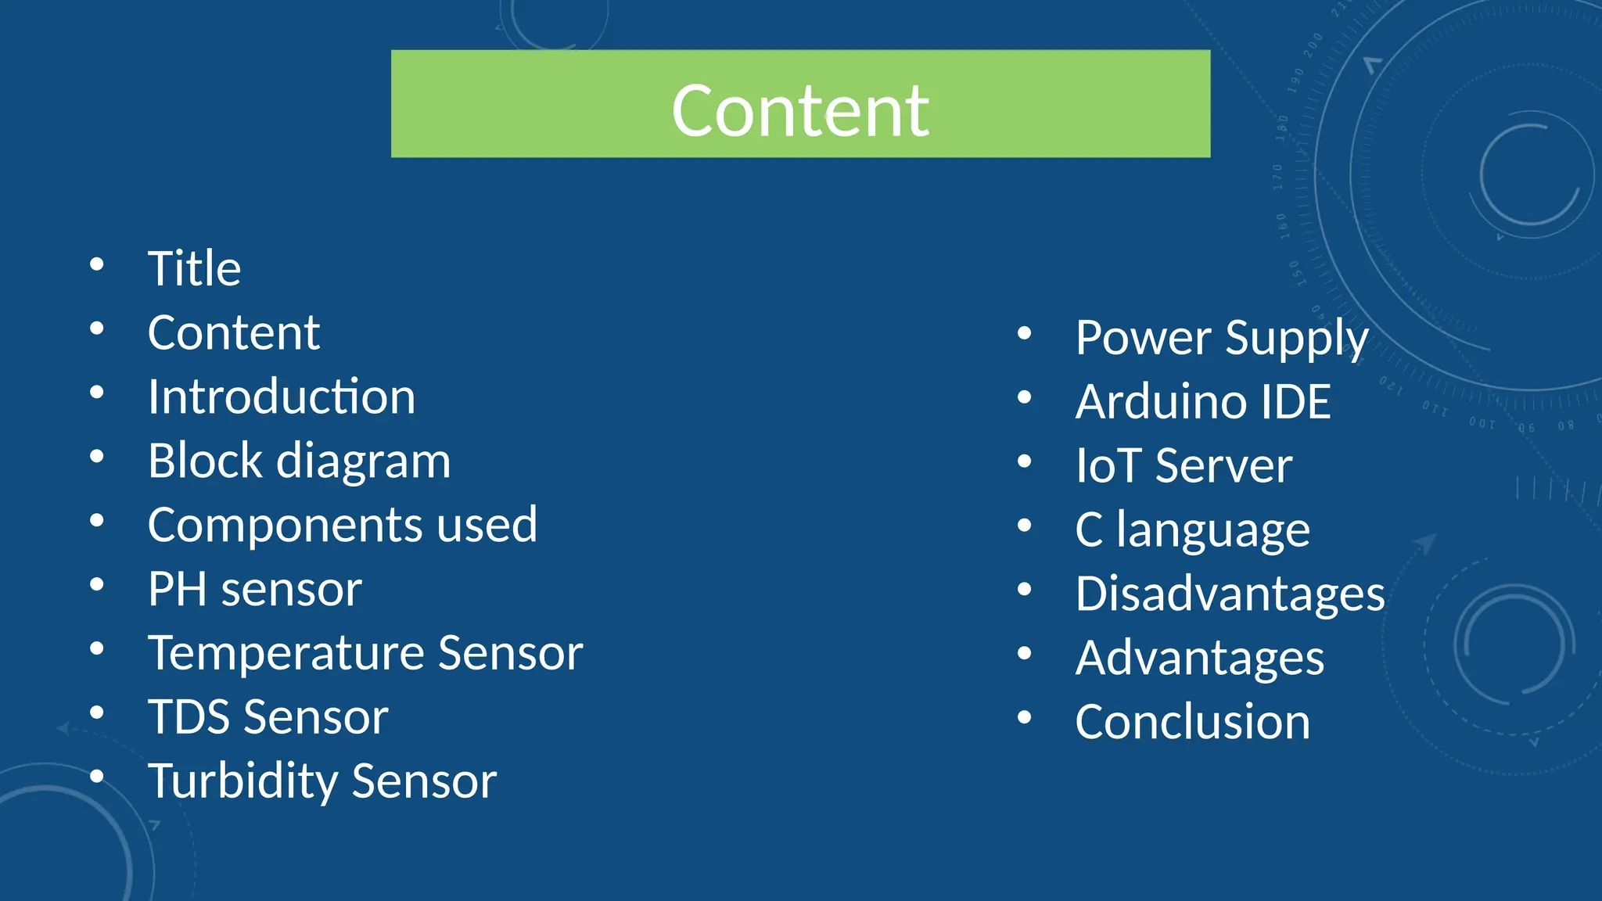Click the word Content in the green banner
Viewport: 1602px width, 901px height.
pyautogui.click(x=799, y=111)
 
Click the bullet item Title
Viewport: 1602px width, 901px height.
pyautogui.click(x=194, y=269)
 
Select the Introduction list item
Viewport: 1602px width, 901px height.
pyautogui.click(x=282, y=397)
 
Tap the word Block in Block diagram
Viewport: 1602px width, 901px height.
pyautogui.click(x=205, y=461)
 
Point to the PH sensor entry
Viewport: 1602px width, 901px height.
pyautogui.click(x=254, y=589)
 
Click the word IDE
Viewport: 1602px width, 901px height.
pyautogui.click(x=1295, y=402)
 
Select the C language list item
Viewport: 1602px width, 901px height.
pyautogui.click(x=1192, y=530)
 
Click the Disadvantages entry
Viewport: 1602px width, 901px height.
pyautogui.click(x=1230, y=594)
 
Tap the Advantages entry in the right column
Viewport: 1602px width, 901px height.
pyautogui.click(x=1199, y=658)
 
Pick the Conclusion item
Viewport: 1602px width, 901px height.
pyautogui.click(x=1192, y=722)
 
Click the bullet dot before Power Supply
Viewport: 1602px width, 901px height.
pyautogui.click(x=1024, y=334)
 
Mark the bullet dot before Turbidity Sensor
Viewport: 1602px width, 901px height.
pyautogui.click(x=96, y=777)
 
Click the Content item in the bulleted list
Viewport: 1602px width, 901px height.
pyautogui.click(x=233, y=333)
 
